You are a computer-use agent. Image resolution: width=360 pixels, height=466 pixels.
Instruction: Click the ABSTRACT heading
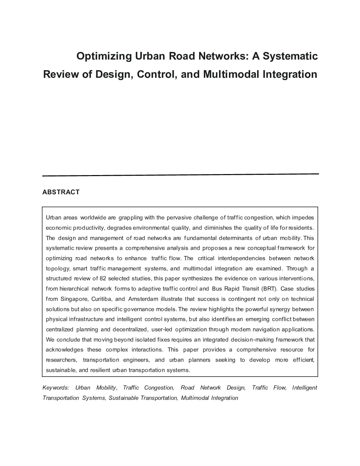tap(61, 192)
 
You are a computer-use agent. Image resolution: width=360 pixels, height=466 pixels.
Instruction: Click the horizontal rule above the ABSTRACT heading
tap(180, 175)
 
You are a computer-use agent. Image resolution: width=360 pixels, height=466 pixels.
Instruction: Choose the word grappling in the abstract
tap(131, 218)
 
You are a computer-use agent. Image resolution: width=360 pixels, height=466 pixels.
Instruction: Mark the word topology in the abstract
tap(57, 268)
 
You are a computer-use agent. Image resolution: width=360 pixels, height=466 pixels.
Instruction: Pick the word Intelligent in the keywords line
tap(304, 388)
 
